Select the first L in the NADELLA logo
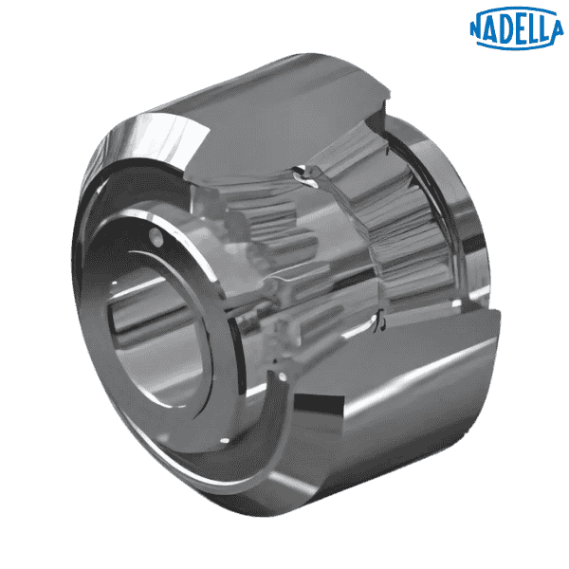[530, 27]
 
